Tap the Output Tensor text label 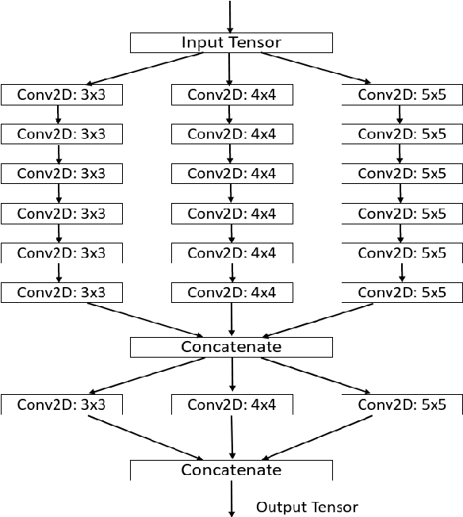pyautogui.click(x=307, y=507)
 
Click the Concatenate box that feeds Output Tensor pyautogui.click(x=231, y=470)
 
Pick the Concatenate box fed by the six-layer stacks pyautogui.click(x=231, y=347)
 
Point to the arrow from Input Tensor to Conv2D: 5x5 pyautogui.click(x=317, y=67)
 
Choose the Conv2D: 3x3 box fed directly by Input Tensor pyautogui.click(x=61, y=95)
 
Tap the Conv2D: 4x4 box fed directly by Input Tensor pyautogui.click(x=231, y=95)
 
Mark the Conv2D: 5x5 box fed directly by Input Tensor pyautogui.click(x=402, y=95)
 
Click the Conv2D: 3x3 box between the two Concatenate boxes pyautogui.click(x=61, y=404)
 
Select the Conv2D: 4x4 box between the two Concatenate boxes pyautogui.click(x=231, y=404)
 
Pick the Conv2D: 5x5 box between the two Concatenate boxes pyautogui.click(x=402, y=404)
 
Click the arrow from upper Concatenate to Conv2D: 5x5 pyautogui.click(x=317, y=374)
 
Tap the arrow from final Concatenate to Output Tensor pyautogui.click(x=231, y=499)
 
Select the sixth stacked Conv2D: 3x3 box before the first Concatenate pyautogui.click(x=61, y=293)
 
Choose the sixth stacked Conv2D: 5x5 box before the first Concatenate pyautogui.click(x=402, y=293)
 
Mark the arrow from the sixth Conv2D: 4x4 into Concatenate pyautogui.click(x=231, y=319)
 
